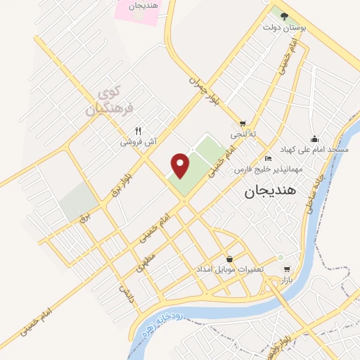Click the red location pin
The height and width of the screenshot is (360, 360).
(181, 165)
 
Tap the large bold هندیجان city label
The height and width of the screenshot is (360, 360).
(271, 191)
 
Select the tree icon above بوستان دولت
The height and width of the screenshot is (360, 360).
(283, 15)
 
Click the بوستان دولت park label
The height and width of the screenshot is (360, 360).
(283, 28)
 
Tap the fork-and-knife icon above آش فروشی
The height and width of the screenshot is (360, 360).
(139, 131)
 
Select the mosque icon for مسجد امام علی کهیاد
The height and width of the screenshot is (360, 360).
(314, 139)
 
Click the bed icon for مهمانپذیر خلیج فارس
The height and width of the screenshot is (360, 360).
(268, 159)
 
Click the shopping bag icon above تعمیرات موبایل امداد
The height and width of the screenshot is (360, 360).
(231, 258)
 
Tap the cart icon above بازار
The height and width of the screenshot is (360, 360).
(286, 269)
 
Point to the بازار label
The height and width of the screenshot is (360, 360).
(286, 280)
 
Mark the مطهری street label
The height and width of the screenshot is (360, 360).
(144, 264)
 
